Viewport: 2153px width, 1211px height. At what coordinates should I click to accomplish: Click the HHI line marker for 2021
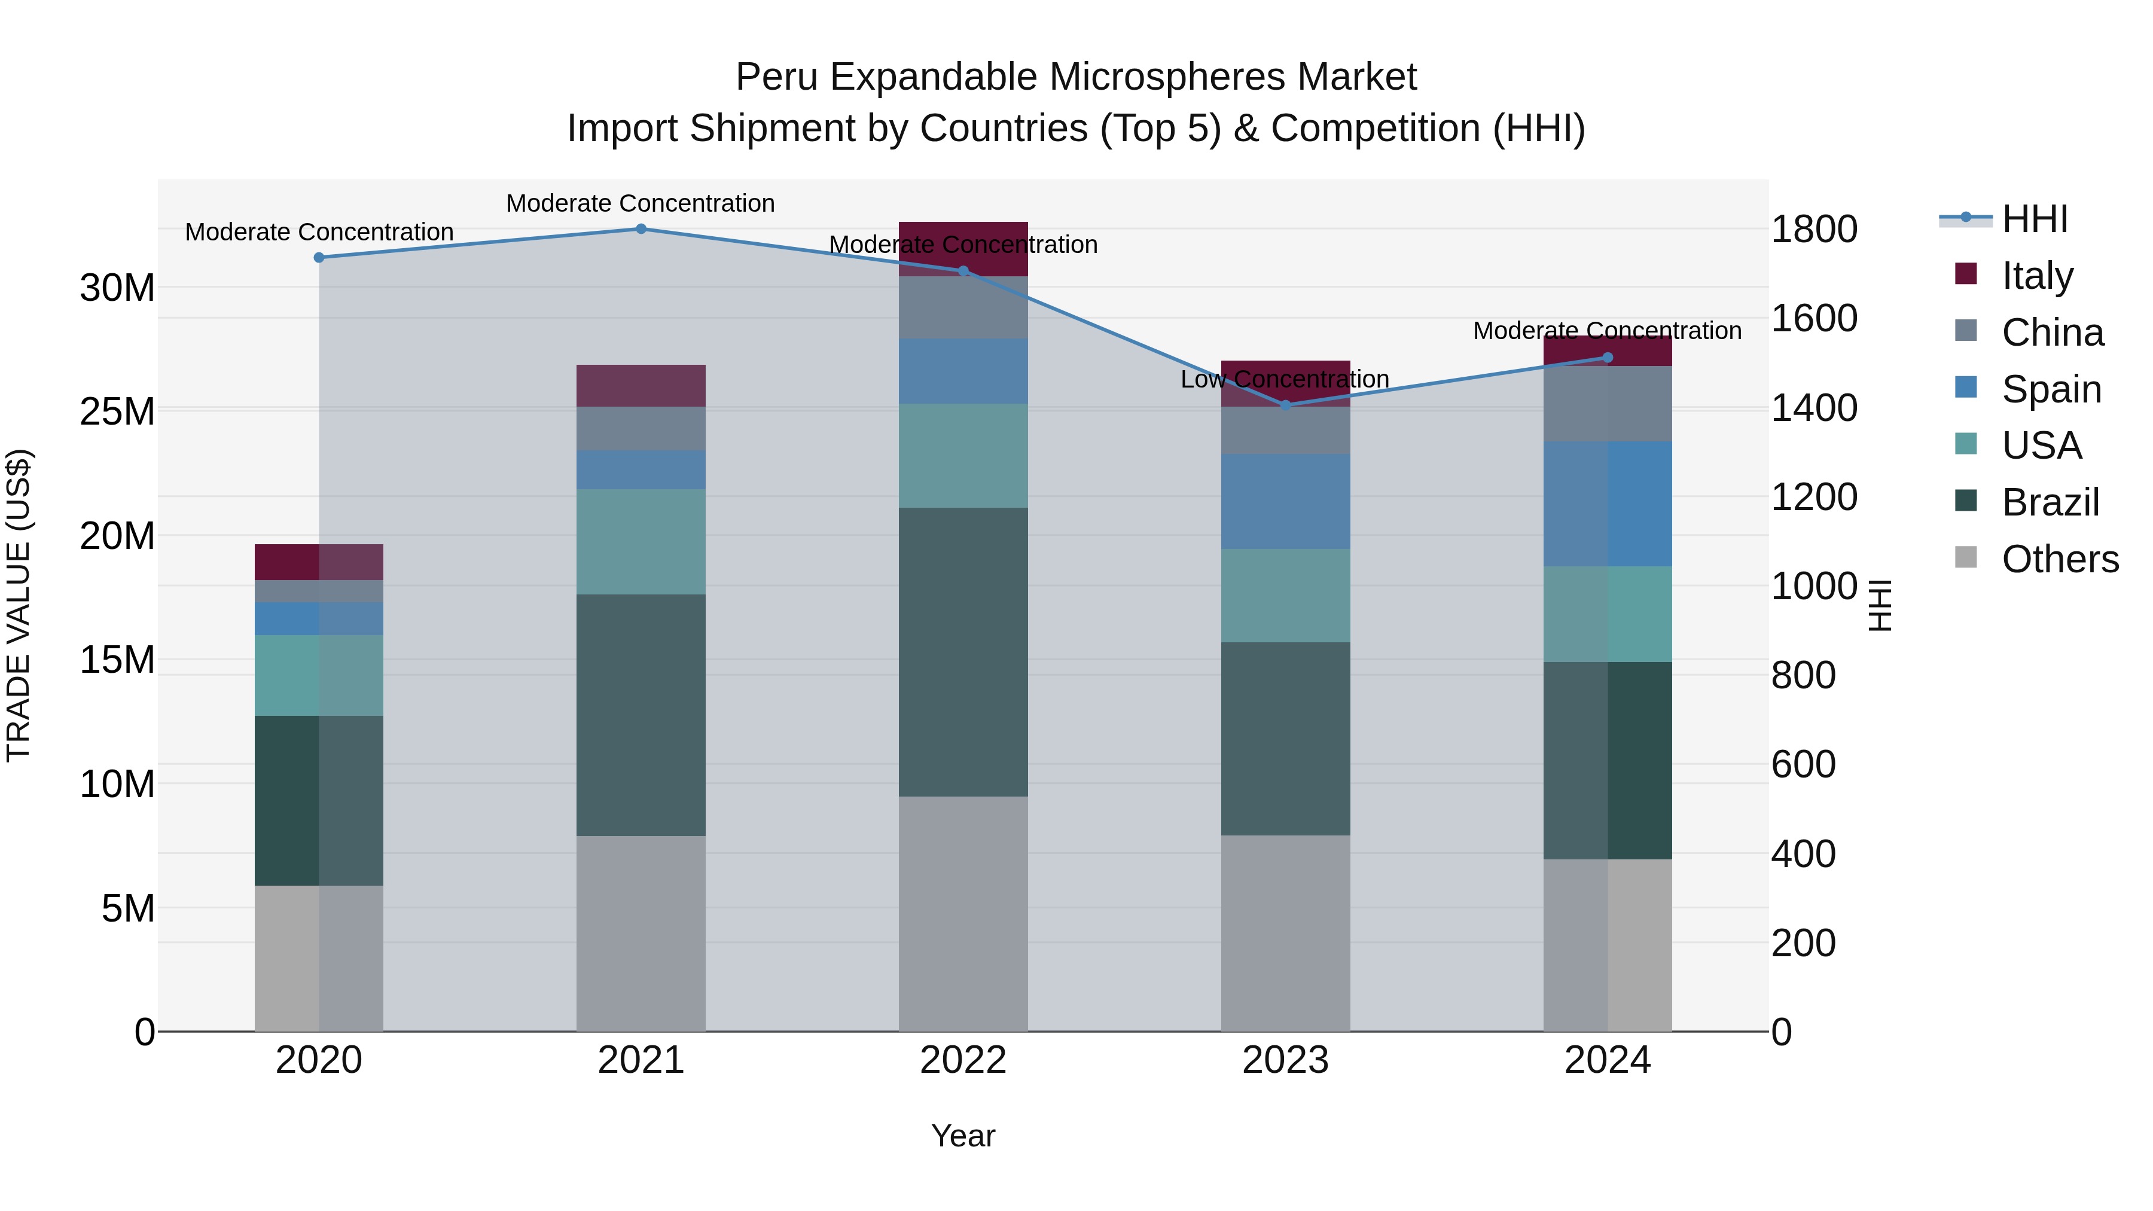[x=641, y=229]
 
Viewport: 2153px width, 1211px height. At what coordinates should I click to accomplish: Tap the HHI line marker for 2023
[x=1285, y=405]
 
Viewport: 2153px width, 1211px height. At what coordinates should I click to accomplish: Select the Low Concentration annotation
[x=1285, y=379]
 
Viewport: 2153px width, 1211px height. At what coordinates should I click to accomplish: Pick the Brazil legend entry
[x=2050, y=502]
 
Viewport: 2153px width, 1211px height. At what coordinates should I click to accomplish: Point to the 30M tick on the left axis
[x=117, y=288]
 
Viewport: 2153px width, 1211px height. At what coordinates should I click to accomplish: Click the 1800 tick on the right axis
[x=1815, y=229]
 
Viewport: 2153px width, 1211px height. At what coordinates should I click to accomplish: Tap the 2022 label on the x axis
[x=963, y=1060]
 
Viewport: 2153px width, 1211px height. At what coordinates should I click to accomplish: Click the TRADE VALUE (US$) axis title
[x=19, y=605]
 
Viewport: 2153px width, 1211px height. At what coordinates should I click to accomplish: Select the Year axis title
[x=963, y=1136]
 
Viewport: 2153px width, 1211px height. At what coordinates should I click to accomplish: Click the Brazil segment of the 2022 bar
[x=963, y=652]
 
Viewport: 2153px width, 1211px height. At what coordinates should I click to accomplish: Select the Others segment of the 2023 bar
[x=1285, y=933]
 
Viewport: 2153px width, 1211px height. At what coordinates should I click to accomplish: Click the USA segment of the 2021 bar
[x=641, y=542]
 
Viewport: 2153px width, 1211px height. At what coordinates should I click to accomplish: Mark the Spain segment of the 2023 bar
[x=1285, y=502]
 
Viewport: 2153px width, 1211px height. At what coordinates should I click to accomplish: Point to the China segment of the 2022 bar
[x=963, y=307]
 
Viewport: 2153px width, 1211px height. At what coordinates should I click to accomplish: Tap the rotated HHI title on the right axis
[x=1879, y=605]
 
